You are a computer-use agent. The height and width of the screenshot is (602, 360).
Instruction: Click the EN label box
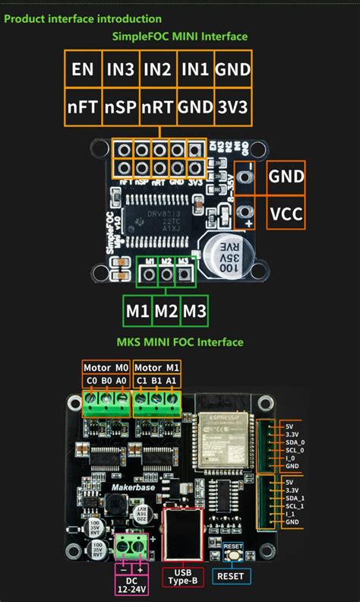(x=82, y=70)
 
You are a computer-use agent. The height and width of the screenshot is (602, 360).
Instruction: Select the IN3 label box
(x=120, y=70)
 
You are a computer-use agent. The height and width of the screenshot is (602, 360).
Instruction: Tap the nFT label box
(x=82, y=107)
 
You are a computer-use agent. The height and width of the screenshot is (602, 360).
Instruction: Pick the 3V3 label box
(x=232, y=107)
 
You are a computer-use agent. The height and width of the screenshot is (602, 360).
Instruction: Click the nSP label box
(x=120, y=107)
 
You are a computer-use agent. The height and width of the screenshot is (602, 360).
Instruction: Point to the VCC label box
(x=286, y=214)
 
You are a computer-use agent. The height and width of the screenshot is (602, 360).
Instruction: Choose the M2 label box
(x=166, y=311)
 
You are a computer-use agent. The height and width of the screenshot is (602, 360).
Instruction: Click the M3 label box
(x=194, y=311)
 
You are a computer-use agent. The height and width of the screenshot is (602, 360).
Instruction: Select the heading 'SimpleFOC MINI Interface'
(x=179, y=36)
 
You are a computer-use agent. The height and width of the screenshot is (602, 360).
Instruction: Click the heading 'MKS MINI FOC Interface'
(x=180, y=342)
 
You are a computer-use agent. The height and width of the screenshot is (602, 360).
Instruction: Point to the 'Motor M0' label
(x=106, y=366)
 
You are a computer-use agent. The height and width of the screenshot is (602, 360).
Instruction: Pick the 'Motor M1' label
(x=158, y=366)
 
